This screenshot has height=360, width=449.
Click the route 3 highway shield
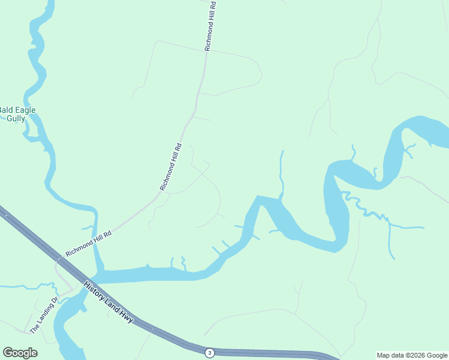[x=209, y=352]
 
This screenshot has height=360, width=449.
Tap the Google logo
[x=20, y=353]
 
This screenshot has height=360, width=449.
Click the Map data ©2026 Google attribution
[x=412, y=355]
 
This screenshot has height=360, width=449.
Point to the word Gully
[x=16, y=118]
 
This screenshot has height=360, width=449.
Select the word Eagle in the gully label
[x=25, y=110]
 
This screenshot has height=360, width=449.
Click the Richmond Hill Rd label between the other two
[x=170, y=167]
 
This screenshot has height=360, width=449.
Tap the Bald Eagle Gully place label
[x=16, y=114]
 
